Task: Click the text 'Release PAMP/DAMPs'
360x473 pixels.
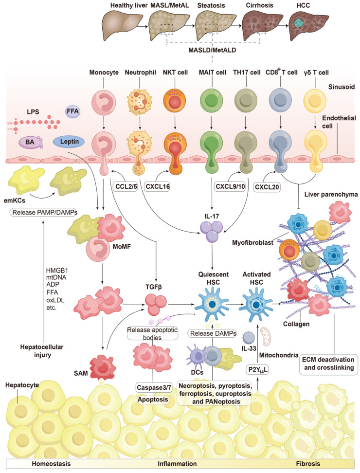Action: tap(43, 213)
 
